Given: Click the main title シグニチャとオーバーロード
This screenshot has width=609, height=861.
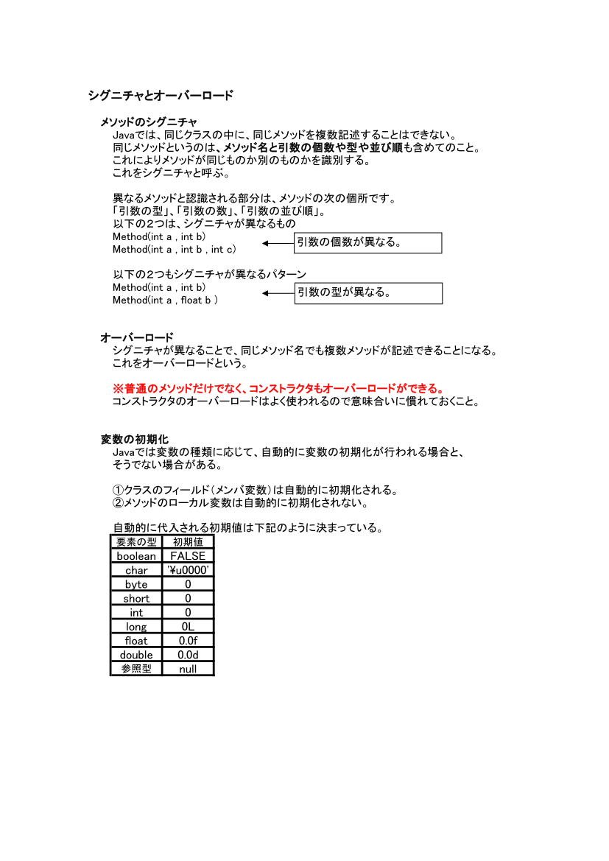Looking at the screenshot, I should coord(161,96).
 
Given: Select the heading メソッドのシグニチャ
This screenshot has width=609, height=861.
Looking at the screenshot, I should coord(149,122).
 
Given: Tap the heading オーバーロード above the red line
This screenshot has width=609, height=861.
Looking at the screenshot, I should coord(137,337).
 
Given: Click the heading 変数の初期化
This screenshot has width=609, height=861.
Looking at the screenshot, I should coord(135,439).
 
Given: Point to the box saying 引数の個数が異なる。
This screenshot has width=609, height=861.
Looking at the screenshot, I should coord(367,243).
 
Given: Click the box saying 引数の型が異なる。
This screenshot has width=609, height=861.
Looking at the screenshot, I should coord(367,293).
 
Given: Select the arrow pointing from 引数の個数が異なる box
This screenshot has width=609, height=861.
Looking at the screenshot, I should coord(278,243).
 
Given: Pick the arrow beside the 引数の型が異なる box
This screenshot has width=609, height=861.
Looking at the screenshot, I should coord(278,293).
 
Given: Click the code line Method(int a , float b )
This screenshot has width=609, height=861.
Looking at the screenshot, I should coord(165,301).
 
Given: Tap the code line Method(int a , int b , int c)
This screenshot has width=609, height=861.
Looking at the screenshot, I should coord(174,250).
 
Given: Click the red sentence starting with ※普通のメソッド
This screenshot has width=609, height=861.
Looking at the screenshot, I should coord(278,388).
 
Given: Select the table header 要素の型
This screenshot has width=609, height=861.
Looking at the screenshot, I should coord(136,542).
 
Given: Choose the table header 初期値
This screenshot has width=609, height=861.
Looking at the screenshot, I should coord(188,542).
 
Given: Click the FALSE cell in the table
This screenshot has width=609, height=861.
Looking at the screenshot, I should coord(188,556).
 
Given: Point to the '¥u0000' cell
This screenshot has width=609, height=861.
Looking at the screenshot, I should coord(188,570).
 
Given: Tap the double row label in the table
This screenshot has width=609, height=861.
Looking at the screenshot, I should coord(136,655).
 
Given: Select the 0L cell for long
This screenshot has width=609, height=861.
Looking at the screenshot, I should coord(188,627).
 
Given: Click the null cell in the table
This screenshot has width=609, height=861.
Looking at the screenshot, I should coord(188,669).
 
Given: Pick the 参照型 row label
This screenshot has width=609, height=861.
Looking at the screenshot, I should coord(136,669).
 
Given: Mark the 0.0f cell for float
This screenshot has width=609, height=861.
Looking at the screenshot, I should coord(188,641).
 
